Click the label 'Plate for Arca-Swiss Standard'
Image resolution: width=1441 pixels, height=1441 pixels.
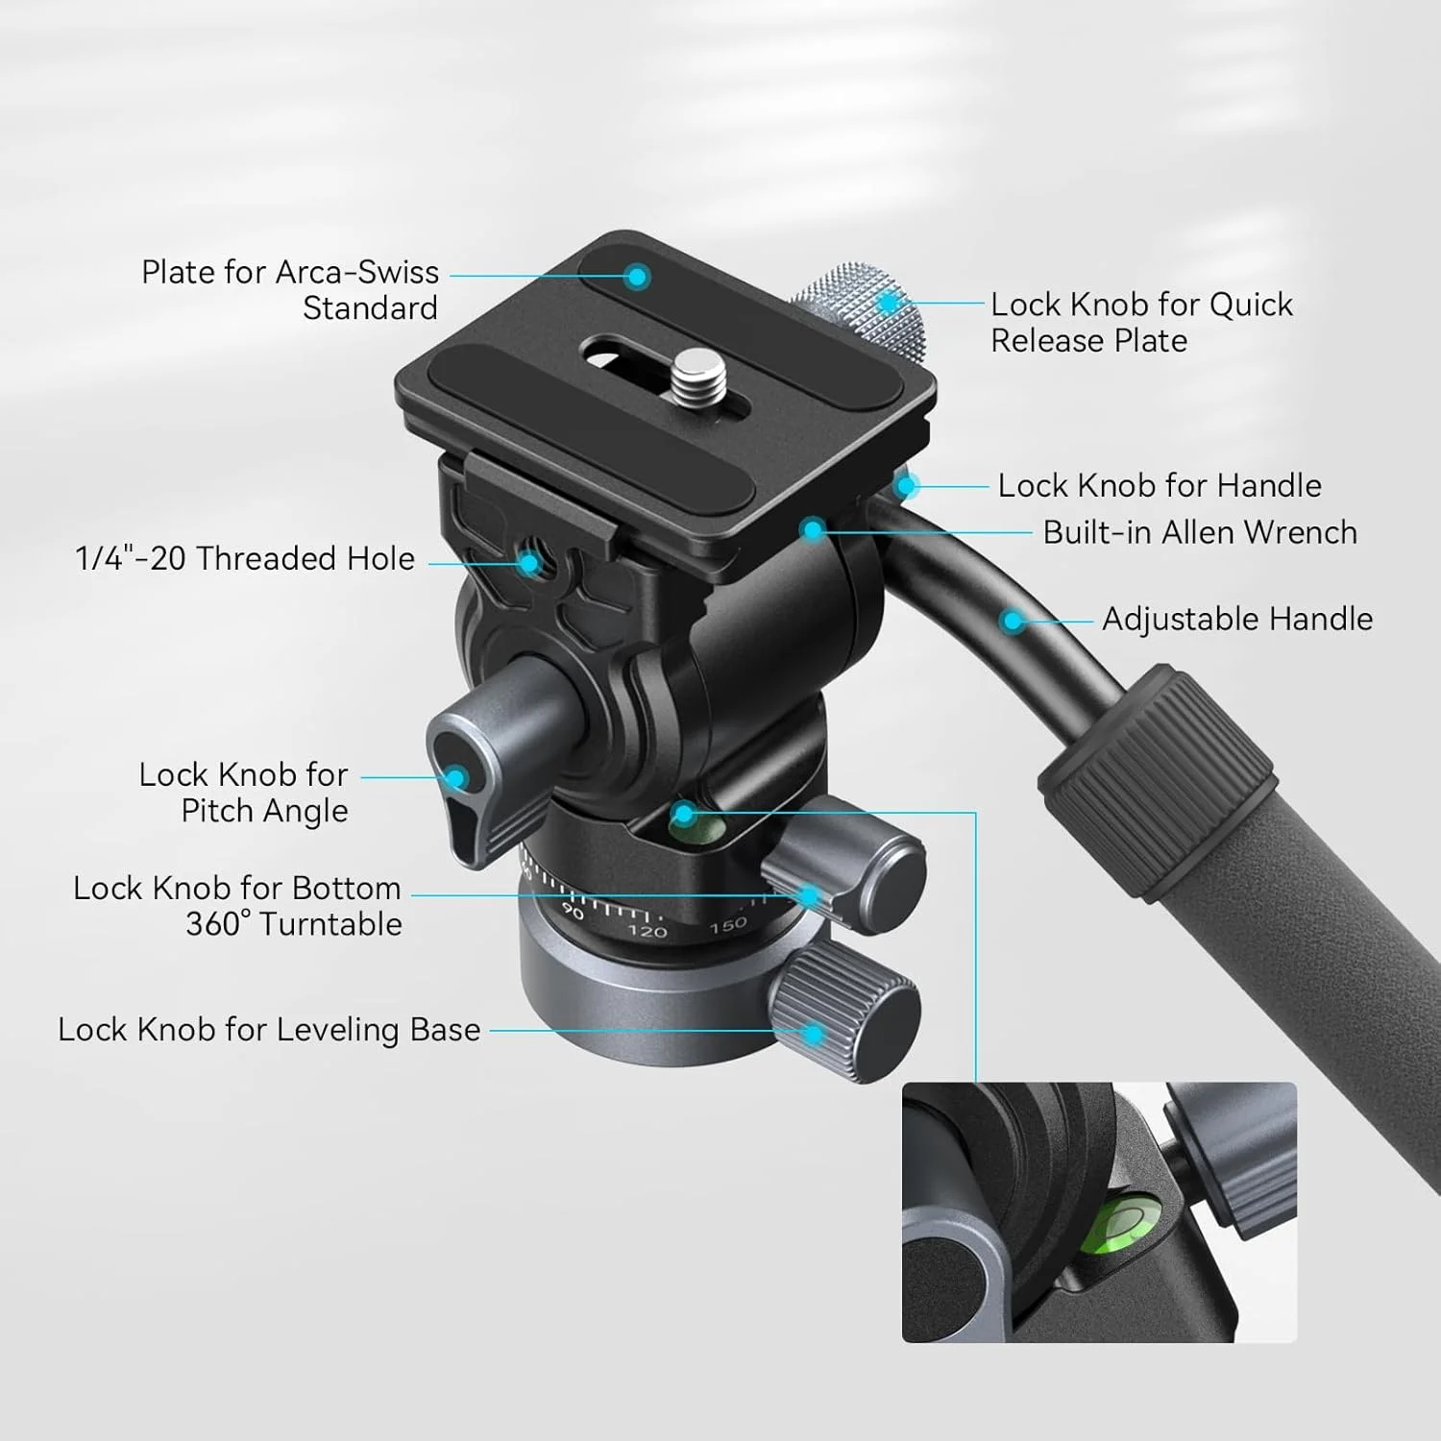290,290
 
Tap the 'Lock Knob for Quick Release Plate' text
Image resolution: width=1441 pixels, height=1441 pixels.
1141,323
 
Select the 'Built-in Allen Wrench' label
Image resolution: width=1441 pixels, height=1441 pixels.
1200,532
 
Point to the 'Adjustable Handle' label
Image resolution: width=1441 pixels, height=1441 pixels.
1236,619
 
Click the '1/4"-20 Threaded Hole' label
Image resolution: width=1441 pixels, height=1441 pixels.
245,558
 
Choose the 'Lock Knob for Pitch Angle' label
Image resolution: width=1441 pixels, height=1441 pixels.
244,793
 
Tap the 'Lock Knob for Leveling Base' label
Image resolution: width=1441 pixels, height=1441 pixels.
269,1030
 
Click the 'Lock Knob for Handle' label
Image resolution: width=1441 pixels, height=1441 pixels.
1159,486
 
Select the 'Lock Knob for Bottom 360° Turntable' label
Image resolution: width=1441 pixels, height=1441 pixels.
238,906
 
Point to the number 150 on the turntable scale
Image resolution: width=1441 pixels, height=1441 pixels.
728,924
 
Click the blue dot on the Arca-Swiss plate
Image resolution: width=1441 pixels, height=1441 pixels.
635,278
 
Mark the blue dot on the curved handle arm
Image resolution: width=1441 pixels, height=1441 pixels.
1011,622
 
